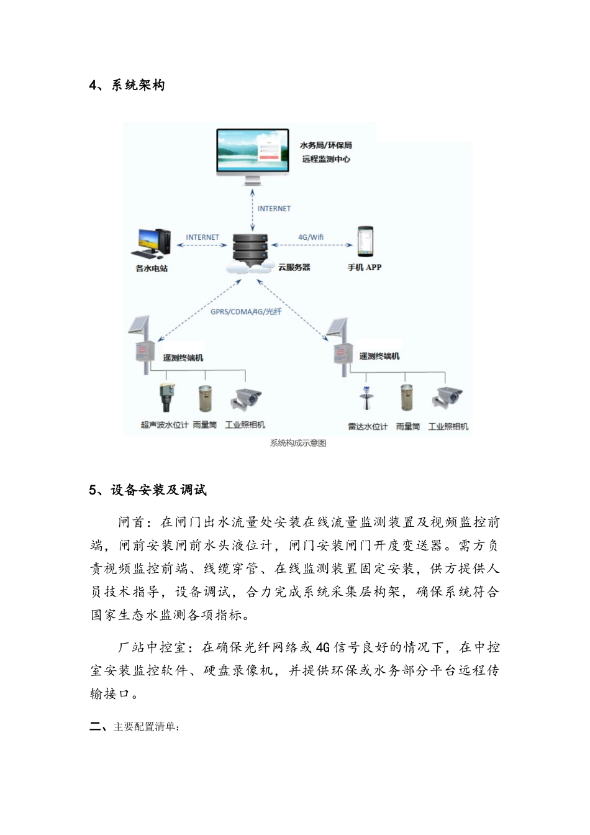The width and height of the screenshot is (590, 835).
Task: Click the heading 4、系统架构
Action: (x=127, y=85)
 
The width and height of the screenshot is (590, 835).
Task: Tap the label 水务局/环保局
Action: (x=325, y=145)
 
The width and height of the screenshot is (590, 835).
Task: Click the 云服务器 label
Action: (x=294, y=268)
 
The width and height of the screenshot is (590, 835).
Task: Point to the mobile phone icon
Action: (x=365, y=242)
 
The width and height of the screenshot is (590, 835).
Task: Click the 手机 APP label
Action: (x=365, y=268)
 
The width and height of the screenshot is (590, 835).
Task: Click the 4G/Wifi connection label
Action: (x=311, y=237)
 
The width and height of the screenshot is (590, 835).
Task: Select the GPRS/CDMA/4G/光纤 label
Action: (x=246, y=311)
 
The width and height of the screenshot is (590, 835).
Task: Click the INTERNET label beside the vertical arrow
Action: (x=274, y=209)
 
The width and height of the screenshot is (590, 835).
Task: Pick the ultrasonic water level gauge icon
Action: (x=166, y=397)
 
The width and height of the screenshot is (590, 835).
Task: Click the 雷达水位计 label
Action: (x=368, y=427)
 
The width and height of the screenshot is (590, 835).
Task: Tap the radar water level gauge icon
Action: (x=366, y=398)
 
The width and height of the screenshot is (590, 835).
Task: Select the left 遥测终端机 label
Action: (x=183, y=358)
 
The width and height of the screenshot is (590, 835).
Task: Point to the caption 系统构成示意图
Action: (x=298, y=443)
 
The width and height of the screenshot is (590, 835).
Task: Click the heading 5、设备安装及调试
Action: (x=148, y=490)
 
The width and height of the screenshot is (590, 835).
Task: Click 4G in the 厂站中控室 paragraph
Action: (x=323, y=648)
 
